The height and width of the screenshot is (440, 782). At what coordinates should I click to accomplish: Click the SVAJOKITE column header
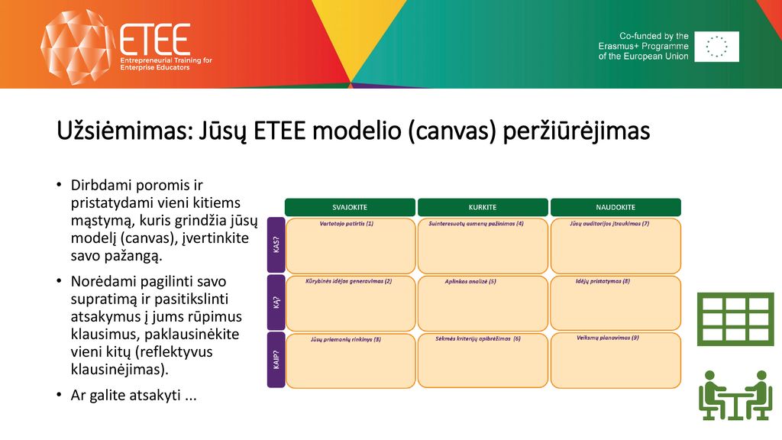350,207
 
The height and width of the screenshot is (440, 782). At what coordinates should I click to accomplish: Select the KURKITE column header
483,207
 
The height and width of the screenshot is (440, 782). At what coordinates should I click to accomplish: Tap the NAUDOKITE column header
616,207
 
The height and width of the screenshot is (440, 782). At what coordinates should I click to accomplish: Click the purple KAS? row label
276,244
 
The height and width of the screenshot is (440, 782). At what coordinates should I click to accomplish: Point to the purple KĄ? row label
276,302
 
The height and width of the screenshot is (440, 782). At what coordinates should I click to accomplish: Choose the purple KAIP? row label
276,360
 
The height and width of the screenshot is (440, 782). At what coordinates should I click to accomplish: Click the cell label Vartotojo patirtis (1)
347,224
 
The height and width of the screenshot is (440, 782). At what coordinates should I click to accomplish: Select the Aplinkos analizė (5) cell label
470,281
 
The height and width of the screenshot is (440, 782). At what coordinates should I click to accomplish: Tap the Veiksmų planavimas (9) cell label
607,338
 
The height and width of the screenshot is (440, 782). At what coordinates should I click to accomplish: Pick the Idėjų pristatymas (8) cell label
603,281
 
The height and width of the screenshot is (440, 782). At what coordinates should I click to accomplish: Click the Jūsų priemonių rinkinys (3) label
346,339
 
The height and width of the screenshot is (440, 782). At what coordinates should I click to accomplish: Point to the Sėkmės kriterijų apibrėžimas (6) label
478,338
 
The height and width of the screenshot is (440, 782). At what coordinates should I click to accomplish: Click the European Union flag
716,47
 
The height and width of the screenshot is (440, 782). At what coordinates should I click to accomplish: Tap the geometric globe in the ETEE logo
76,47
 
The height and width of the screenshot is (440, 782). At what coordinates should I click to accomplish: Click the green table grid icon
735,319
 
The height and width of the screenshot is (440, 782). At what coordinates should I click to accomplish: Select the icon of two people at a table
735,395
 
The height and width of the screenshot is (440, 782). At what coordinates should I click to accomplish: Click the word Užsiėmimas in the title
124,131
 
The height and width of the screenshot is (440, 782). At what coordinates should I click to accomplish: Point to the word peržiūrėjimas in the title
576,131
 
